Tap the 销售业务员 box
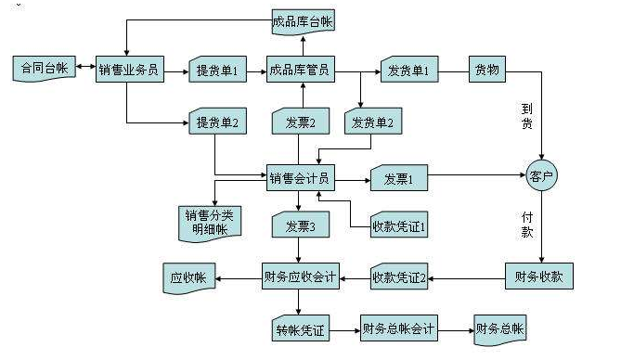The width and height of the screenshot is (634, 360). click(x=129, y=69)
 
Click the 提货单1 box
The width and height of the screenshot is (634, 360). click(x=217, y=70)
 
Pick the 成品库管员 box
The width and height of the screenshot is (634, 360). click(x=300, y=69)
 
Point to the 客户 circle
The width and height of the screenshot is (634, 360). click(x=540, y=174)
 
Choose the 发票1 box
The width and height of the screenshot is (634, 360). click(x=398, y=178)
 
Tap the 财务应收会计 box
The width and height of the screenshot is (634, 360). click(x=300, y=276)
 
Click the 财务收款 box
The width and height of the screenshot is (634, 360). click(x=540, y=276)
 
